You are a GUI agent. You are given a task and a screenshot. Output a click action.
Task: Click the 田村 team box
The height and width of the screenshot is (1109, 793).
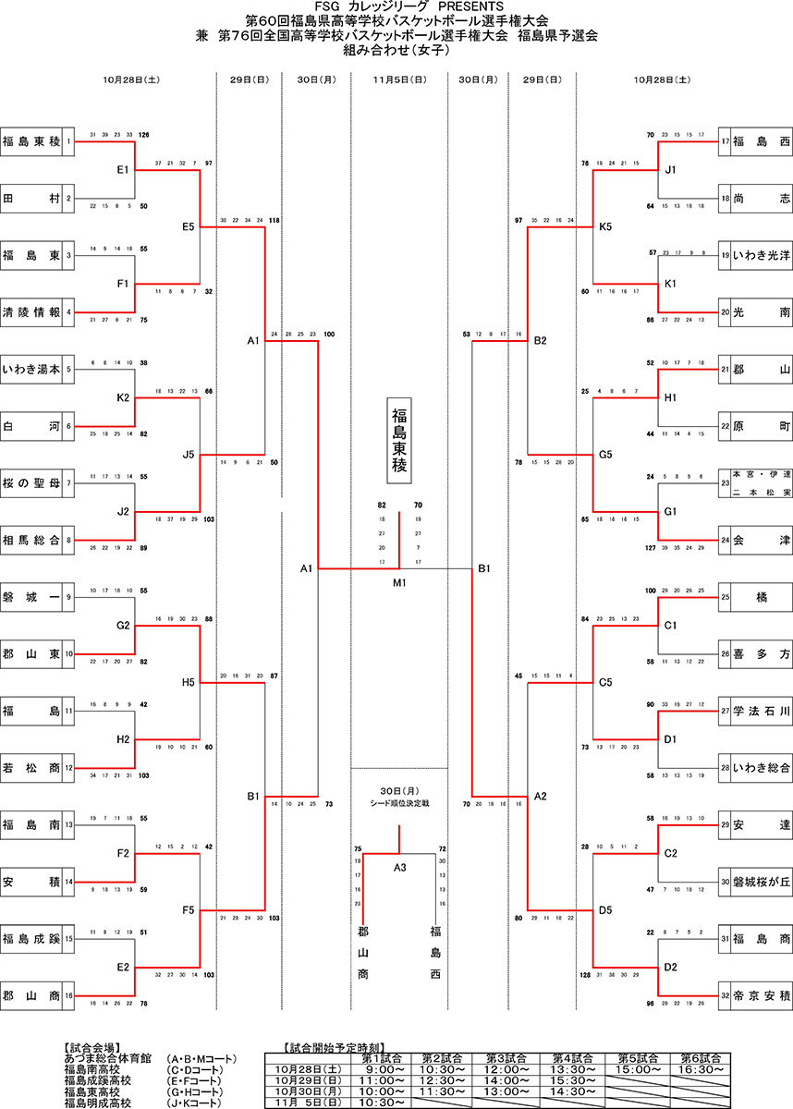tap(31, 199)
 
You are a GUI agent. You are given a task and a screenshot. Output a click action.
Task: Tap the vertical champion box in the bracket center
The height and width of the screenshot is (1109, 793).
tap(399, 441)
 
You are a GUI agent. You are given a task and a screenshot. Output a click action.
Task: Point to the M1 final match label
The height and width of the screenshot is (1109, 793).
tap(399, 582)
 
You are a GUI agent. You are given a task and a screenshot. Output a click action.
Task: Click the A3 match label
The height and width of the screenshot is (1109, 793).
tap(399, 867)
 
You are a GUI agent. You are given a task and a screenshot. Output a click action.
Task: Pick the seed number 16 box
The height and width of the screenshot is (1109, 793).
tap(68, 995)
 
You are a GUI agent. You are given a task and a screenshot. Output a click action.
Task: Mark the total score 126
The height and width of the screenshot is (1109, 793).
tap(144, 135)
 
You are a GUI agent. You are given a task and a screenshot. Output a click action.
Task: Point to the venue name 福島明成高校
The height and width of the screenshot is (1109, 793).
tap(98, 1103)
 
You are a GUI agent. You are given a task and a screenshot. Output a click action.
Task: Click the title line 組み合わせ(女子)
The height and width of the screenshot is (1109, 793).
tap(396, 52)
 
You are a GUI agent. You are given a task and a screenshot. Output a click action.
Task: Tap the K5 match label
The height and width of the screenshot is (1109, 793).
tap(606, 226)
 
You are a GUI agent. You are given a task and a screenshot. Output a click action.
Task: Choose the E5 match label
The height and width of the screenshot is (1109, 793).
tap(189, 226)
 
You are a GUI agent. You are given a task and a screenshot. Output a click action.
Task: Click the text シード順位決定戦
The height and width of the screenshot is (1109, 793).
tap(399, 803)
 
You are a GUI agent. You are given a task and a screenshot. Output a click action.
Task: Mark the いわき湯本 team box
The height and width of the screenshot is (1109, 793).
tap(31, 369)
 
